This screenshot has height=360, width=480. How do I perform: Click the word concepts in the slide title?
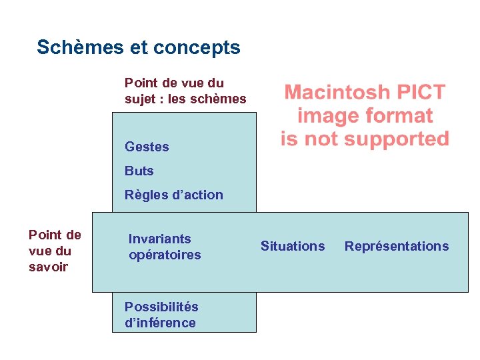tap(197, 48)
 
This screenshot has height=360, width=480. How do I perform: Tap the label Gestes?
tap(147, 147)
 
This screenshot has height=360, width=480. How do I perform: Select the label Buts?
tap(139, 171)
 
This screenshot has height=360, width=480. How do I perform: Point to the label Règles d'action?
tap(173, 195)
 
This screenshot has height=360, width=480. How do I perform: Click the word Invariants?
tap(159, 239)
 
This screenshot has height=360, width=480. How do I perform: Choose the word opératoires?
tap(164, 255)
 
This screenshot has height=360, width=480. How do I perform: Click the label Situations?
tap(293, 246)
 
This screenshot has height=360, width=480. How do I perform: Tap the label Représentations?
tap(397, 246)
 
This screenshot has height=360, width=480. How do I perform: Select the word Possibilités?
tap(161, 307)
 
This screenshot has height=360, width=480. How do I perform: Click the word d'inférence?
tap(160, 323)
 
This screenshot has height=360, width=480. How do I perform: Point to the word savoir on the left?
tap(48, 267)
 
